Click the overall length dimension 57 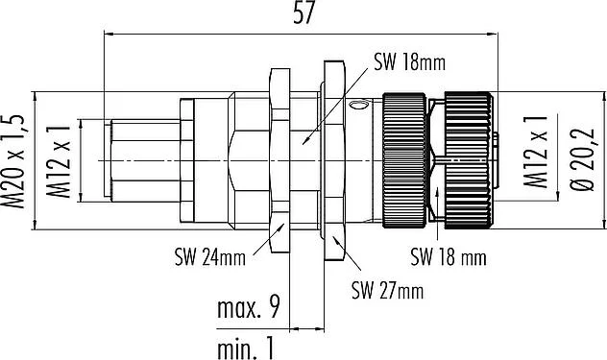[x=303, y=14]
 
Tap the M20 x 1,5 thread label [x=13, y=161]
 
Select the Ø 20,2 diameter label [x=583, y=158]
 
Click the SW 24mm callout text [x=210, y=258]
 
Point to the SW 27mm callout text [x=387, y=290]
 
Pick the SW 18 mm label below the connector [x=449, y=257]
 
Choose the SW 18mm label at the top [x=409, y=62]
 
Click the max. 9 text [x=248, y=308]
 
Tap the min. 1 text [x=246, y=348]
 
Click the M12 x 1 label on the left [x=59, y=161]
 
